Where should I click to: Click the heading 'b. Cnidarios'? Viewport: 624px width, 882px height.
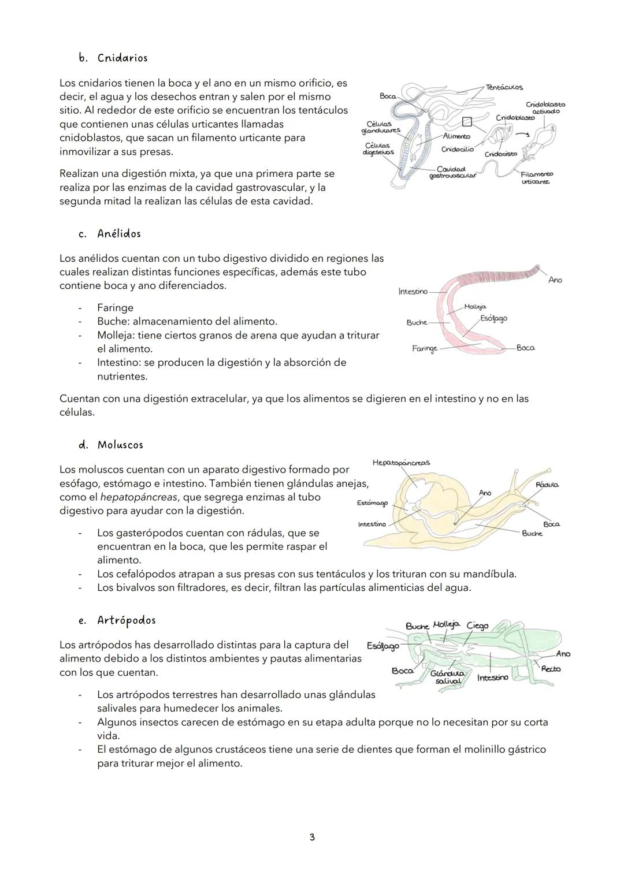pyautogui.click(x=113, y=58)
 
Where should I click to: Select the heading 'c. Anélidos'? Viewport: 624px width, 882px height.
pyautogui.click(x=110, y=234)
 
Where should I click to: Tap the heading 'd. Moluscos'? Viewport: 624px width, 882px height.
pyautogui.click(x=111, y=445)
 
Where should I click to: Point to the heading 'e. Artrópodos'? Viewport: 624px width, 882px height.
pyautogui.click(x=117, y=620)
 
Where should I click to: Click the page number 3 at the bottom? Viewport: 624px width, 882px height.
pyautogui.click(x=312, y=837)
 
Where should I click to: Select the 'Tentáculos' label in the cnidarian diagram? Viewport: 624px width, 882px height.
pyautogui.click(x=504, y=87)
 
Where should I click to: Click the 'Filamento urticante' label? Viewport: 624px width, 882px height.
pyautogui.click(x=536, y=178)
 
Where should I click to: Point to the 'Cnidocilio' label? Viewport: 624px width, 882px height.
pyautogui.click(x=457, y=150)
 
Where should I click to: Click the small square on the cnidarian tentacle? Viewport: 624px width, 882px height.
pyautogui.click(x=467, y=121)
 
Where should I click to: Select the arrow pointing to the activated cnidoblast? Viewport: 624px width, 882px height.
pyautogui.click(x=522, y=134)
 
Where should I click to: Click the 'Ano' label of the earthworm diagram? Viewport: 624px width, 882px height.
pyautogui.click(x=555, y=280)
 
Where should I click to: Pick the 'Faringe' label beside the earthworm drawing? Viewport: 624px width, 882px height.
pyautogui.click(x=424, y=348)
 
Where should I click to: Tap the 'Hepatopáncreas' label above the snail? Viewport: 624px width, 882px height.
pyautogui.click(x=401, y=463)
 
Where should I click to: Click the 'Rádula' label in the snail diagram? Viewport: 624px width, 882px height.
pyautogui.click(x=547, y=485)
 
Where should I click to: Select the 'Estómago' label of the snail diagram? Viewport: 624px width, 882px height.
pyautogui.click(x=372, y=504)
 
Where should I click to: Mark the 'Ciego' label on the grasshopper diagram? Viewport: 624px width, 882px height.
pyautogui.click(x=477, y=626)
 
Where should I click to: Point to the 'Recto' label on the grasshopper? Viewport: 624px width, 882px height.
pyautogui.click(x=551, y=669)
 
